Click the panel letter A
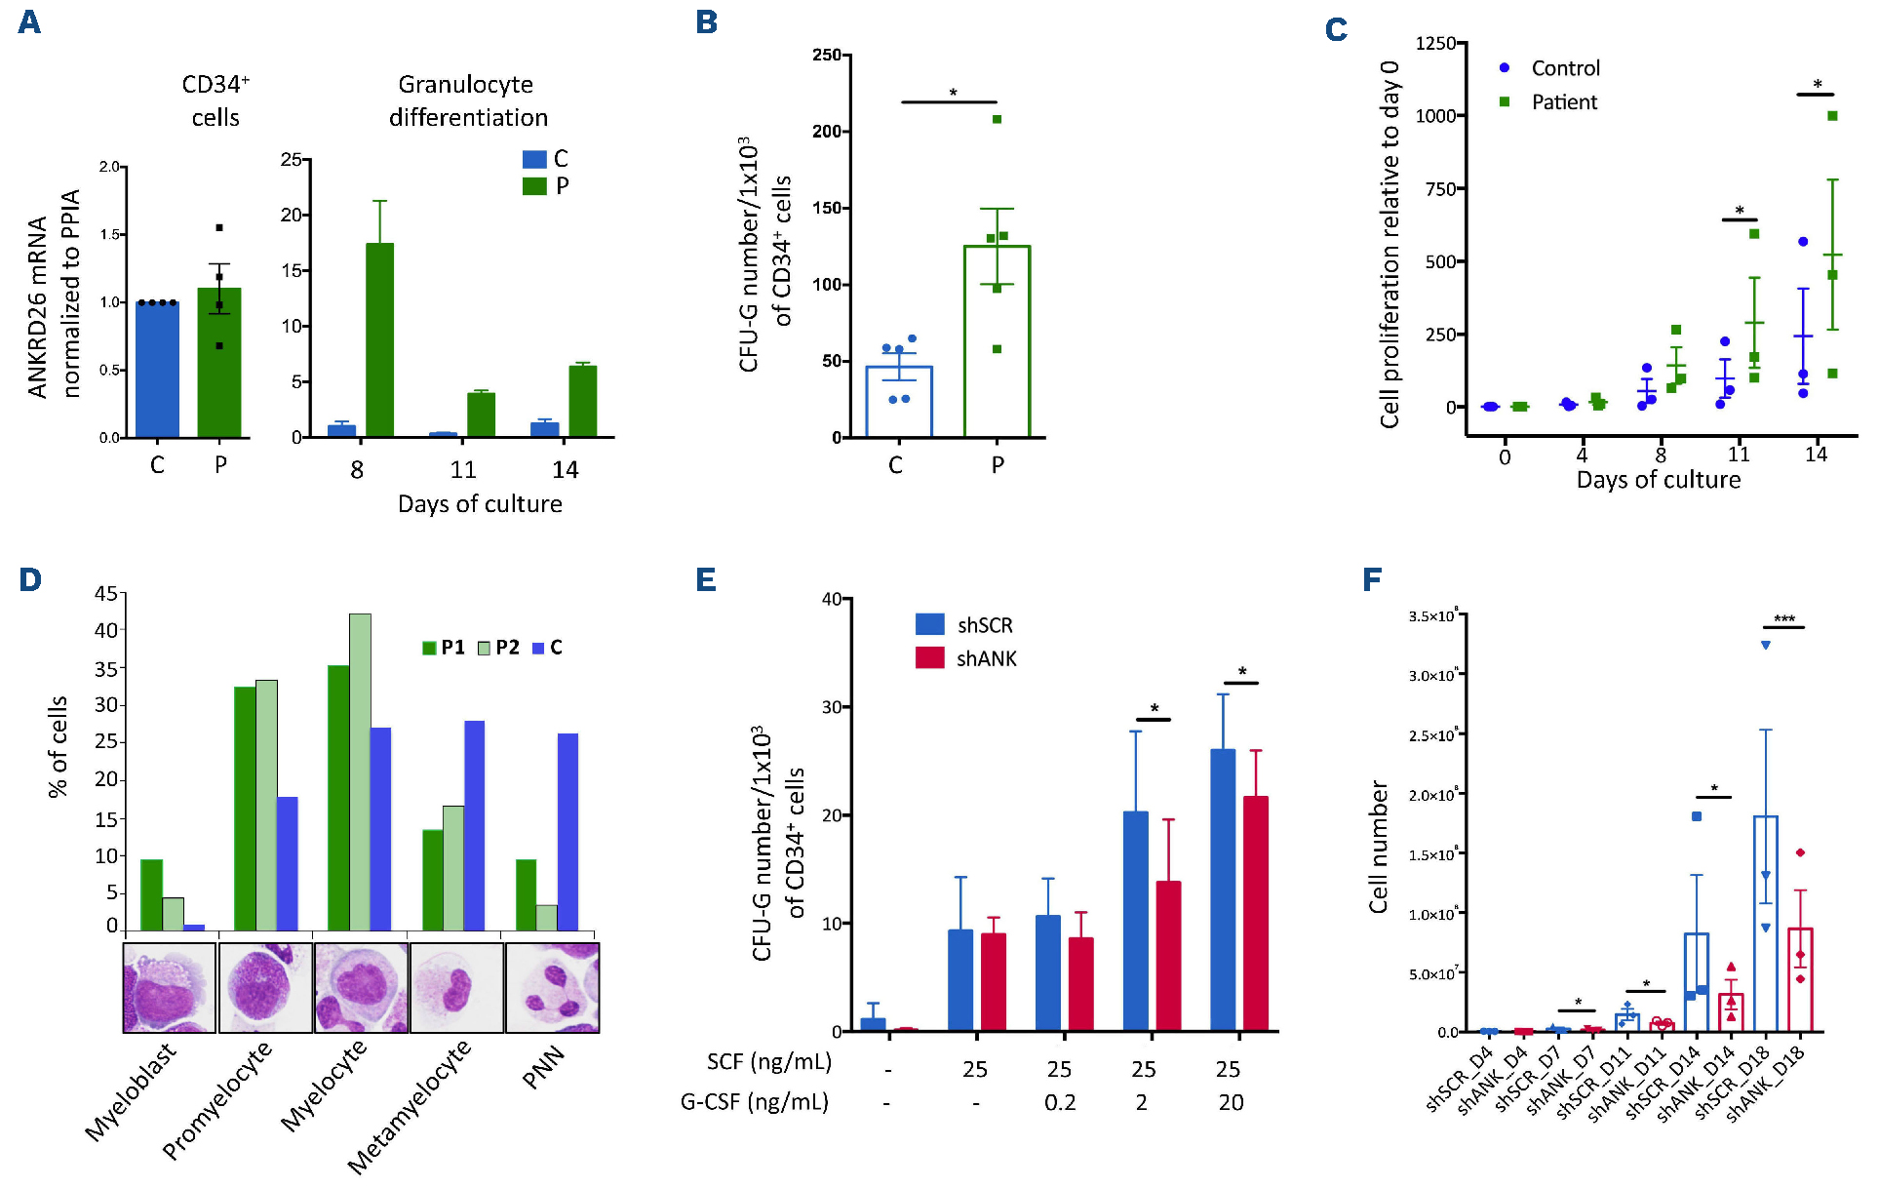29,21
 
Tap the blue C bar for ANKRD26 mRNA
157,370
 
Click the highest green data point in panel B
997,119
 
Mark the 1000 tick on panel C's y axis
1436,116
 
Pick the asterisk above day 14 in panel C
1817,85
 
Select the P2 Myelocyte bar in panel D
360,772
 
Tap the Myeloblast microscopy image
170,988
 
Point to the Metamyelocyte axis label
410,1106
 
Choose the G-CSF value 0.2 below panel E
1060,1103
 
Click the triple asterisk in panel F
1784,619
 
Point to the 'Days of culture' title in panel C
1658,480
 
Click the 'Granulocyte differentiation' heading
468,100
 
